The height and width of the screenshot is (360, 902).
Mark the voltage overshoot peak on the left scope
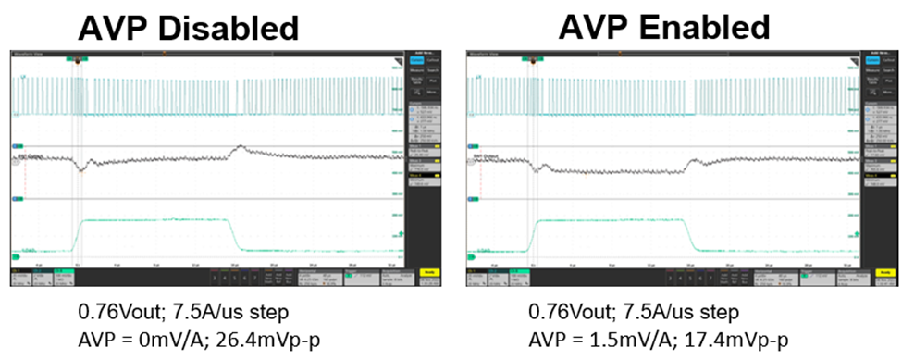point(240,146)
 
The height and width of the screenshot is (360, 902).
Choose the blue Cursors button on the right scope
point(872,60)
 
